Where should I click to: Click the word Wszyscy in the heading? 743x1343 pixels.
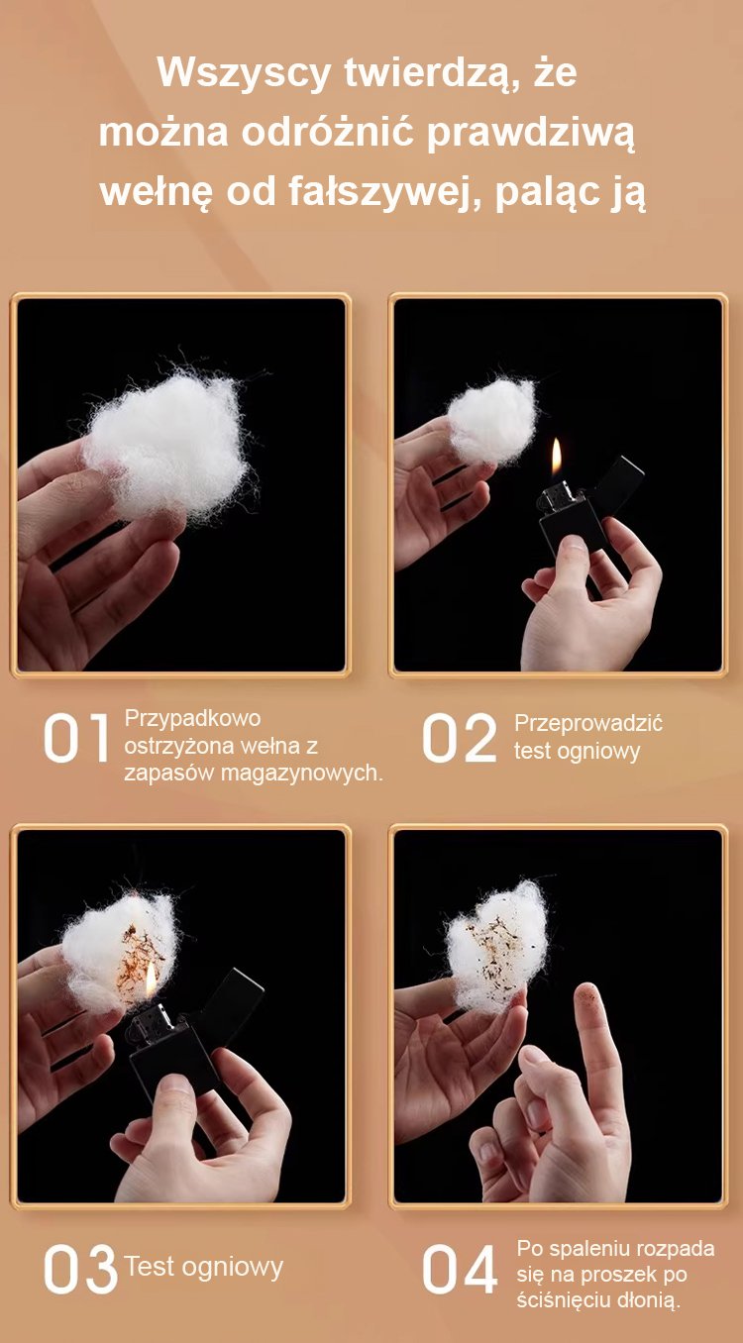[x=244, y=73]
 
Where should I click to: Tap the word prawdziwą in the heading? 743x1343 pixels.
[x=531, y=133]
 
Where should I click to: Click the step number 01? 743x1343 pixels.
[x=76, y=738]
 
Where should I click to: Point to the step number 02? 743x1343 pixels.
[x=460, y=738]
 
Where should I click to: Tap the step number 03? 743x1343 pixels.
[x=80, y=1269]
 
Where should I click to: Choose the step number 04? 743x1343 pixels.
[x=460, y=1269]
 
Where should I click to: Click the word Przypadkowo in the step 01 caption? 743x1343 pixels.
[x=192, y=719]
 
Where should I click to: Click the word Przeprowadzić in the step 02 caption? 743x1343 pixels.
[x=588, y=723]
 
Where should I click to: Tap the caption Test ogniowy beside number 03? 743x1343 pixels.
[x=203, y=1267]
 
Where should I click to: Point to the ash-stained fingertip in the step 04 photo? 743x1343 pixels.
[x=588, y=998]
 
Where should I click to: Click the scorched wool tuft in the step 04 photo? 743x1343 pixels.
[x=497, y=947]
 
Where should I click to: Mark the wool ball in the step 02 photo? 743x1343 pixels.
[x=491, y=421]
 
